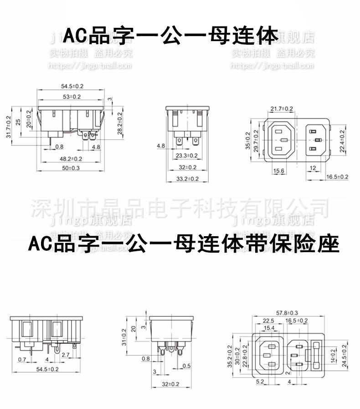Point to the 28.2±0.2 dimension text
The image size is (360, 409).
(x=120, y=123)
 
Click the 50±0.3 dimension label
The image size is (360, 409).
(x=70, y=168)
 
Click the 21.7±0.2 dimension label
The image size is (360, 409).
(x=282, y=109)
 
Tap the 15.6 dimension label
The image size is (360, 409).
(x=279, y=171)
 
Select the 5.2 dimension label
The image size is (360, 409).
(x=260, y=381)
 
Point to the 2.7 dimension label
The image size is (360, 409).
(x=66, y=354)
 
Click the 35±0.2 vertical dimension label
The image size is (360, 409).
(x=248, y=140)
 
